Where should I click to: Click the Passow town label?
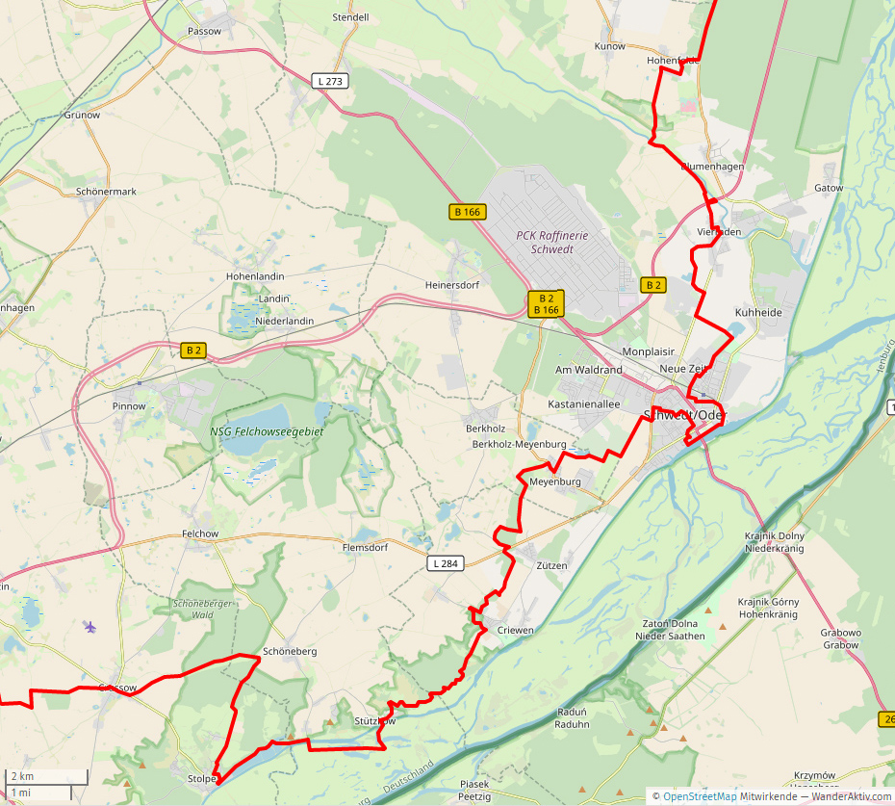205,31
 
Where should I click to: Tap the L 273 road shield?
329,82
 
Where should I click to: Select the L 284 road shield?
444,563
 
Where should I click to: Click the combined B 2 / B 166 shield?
546,304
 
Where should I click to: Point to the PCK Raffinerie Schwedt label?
545,242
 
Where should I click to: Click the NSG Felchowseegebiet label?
267,432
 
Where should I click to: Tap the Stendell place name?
350,17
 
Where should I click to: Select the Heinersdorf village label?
452,285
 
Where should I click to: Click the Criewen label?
516,630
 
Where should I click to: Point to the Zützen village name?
551,565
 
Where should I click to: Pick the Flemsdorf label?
365,547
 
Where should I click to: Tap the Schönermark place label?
106,192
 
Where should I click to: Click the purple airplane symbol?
90,628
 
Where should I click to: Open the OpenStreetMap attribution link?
700,796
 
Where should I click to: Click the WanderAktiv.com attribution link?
851,796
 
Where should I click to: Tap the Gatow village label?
829,188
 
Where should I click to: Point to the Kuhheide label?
757,313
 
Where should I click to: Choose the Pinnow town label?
129,406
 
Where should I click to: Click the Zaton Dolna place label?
670,623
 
